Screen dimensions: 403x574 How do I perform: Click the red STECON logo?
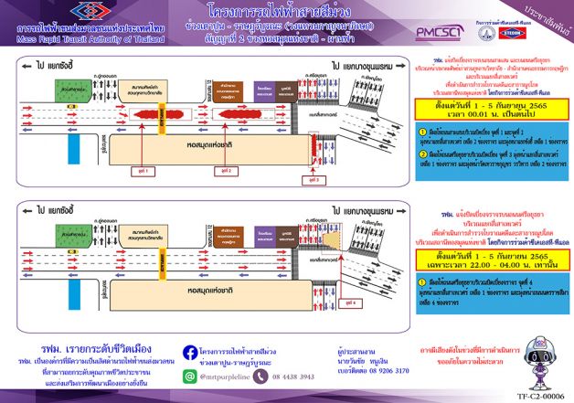(514, 31)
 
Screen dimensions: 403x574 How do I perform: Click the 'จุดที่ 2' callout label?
(211, 169)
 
